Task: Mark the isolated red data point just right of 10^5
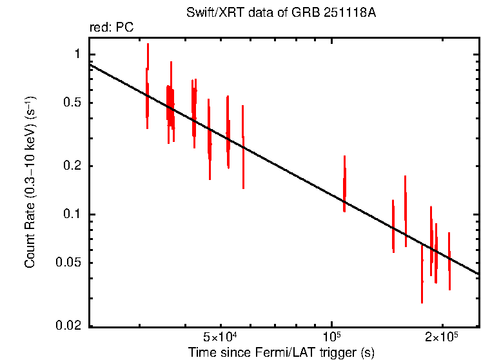coord(344,184)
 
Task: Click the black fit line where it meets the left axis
coord(90,65)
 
